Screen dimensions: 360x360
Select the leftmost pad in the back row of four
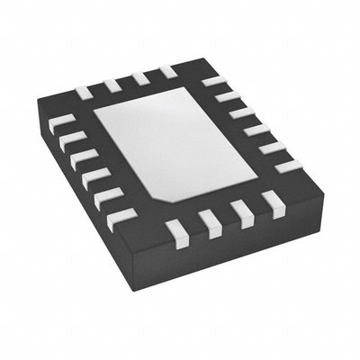[x=84, y=92]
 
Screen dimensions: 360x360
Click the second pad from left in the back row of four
[x=112, y=85]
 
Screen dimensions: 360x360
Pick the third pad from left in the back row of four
[x=139, y=78]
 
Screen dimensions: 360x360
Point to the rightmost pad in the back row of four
[x=167, y=71]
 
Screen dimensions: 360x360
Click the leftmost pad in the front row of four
[x=177, y=233]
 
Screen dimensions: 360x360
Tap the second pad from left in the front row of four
[x=210, y=223]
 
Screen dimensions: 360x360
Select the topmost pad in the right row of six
[x=213, y=81]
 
